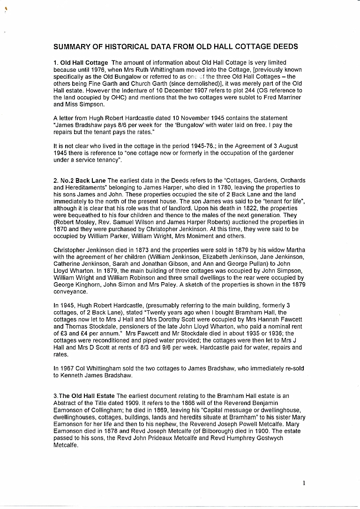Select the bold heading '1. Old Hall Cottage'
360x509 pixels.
pos(81,63)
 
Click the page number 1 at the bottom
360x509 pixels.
pos(304,483)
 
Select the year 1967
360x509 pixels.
pos(66,369)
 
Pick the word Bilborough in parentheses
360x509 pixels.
pos(195,430)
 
